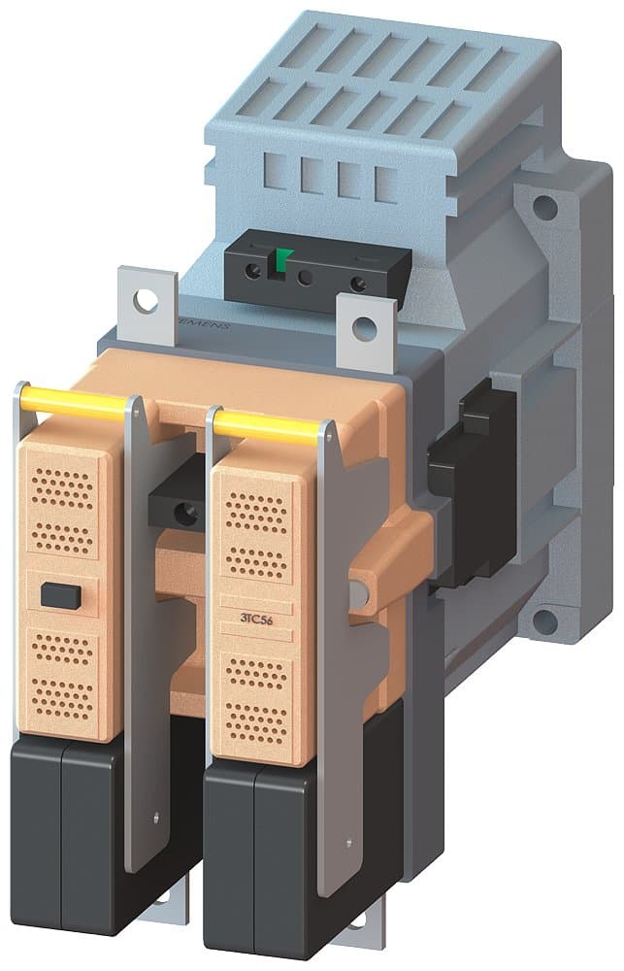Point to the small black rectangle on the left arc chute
[58, 593]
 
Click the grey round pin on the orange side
[361, 592]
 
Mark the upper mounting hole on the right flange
[547, 205]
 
